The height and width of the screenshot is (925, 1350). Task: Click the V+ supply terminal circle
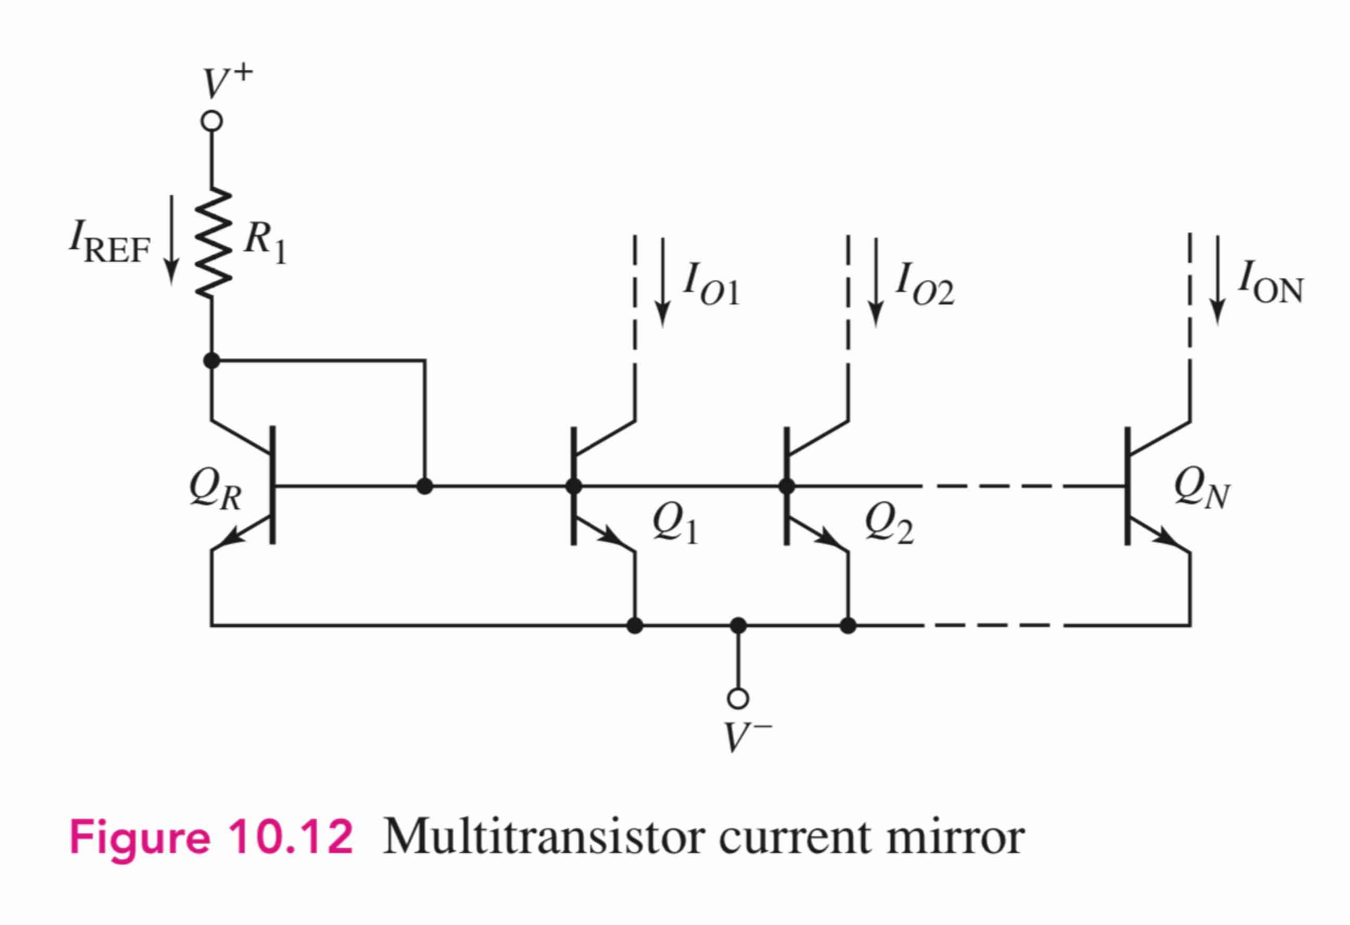click(211, 121)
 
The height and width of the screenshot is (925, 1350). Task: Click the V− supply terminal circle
click(738, 699)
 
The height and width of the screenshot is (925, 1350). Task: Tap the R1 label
click(264, 243)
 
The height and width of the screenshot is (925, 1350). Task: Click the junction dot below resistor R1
click(212, 361)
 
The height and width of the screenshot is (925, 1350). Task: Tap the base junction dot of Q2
click(787, 486)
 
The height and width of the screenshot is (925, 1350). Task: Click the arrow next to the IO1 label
click(662, 282)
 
